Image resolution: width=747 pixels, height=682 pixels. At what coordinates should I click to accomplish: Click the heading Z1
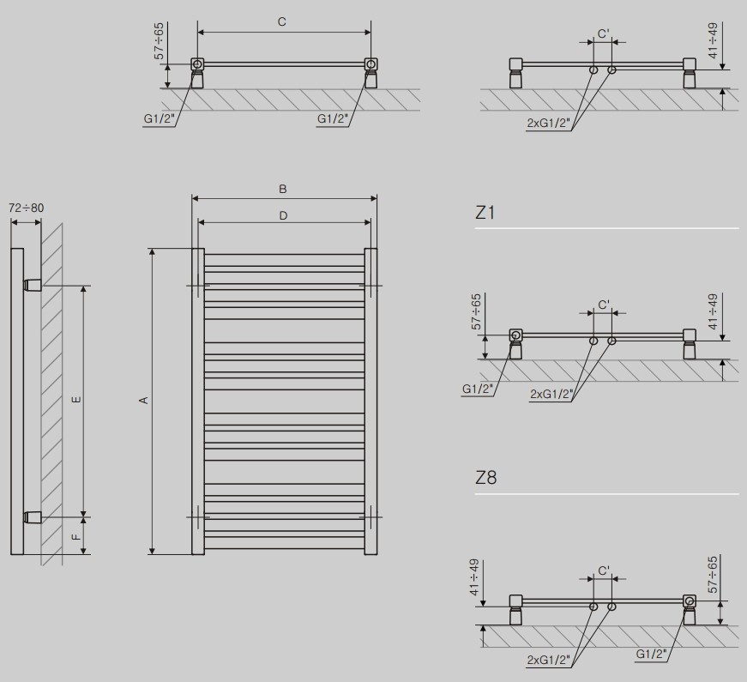tap(485, 212)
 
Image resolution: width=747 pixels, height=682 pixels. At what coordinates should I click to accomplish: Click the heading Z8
tap(485, 478)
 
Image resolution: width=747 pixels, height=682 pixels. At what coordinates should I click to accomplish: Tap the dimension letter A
tap(144, 401)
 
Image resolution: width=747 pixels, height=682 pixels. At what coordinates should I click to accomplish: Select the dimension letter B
tap(282, 189)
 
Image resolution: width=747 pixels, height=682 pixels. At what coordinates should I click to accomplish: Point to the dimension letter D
tap(283, 215)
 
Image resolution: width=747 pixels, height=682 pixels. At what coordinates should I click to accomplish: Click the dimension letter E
tap(75, 400)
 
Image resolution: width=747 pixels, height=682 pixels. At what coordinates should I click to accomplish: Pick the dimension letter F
tap(75, 537)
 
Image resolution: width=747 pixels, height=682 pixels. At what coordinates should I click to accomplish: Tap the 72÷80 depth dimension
tap(26, 208)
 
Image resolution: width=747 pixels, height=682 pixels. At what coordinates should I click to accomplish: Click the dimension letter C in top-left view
tap(281, 22)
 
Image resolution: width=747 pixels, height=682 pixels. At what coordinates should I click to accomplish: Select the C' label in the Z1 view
tap(603, 305)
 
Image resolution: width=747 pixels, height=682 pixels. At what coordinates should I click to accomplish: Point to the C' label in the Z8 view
tap(603, 570)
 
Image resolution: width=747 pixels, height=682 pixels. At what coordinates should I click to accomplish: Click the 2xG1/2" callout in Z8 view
tap(551, 659)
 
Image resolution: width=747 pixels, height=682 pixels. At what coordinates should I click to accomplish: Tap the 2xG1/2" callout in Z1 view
tap(551, 393)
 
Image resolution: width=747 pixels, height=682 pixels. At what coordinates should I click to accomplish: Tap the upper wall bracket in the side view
tap(31, 284)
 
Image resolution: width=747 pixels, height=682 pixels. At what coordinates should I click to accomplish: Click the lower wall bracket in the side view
tap(31, 516)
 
